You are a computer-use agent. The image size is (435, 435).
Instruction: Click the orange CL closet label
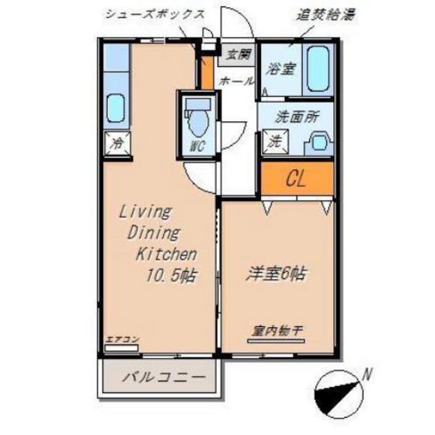296,180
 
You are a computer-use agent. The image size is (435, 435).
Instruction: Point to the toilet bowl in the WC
198,121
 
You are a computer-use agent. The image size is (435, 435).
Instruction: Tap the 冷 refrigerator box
117,143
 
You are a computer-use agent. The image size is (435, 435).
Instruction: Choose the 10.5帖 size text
169,274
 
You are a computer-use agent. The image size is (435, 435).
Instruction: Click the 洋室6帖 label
276,273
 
